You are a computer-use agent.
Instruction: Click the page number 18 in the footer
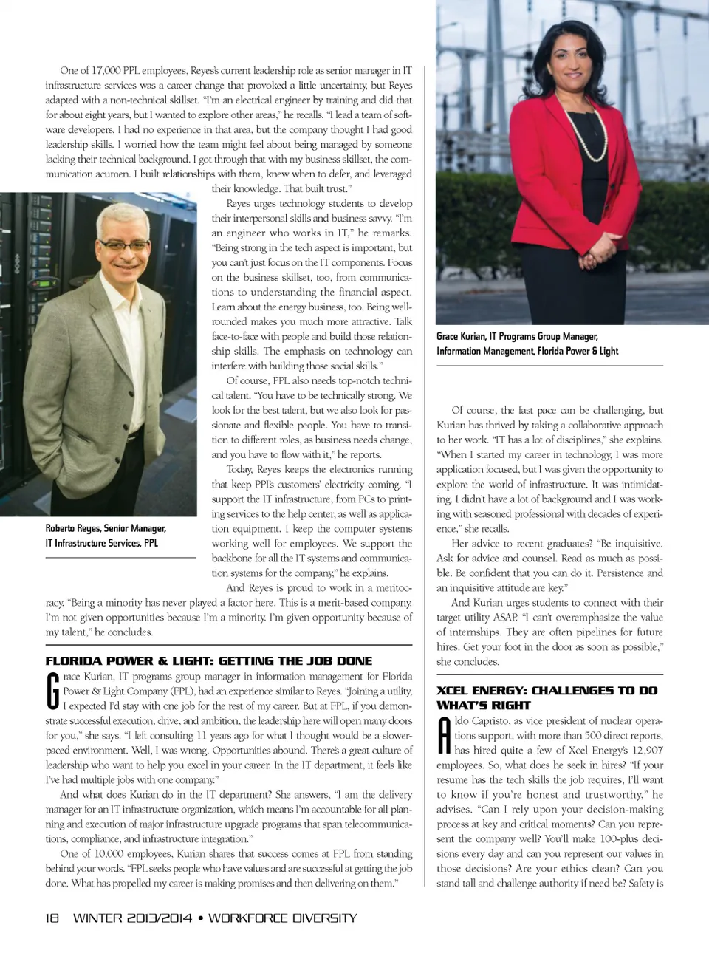[x=52, y=918]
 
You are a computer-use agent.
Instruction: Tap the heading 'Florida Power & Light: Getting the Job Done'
[x=209, y=661]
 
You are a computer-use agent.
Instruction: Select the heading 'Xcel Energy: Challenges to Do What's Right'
[x=547, y=697]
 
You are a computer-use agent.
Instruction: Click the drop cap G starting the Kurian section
[x=52, y=691]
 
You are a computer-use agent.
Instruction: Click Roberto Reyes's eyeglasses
[x=123, y=244]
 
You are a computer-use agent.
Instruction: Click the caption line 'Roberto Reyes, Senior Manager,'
[x=106, y=528]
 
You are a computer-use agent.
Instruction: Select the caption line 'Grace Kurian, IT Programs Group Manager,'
[x=517, y=336]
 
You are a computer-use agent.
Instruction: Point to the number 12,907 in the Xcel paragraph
[x=648, y=750]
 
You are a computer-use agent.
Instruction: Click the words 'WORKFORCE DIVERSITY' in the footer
[x=282, y=918]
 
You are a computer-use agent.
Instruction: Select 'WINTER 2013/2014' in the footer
[x=134, y=918]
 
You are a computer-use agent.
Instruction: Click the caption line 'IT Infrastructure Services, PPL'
[x=102, y=543]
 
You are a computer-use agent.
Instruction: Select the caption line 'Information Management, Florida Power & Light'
[x=527, y=351]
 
